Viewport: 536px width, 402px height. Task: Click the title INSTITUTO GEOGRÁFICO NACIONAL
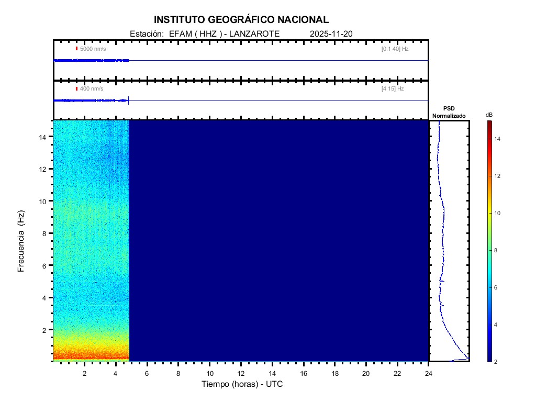tap(241, 20)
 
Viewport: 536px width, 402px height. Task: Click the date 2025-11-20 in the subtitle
tap(331, 33)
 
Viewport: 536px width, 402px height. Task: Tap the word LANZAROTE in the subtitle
tap(255, 33)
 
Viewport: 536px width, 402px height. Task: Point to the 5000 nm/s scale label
tap(93, 49)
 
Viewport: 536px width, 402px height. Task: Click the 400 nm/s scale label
tap(91, 89)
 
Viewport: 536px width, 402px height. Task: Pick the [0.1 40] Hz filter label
tap(395, 49)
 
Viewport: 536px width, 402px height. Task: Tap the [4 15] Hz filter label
tap(393, 89)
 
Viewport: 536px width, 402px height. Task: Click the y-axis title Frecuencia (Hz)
tap(21, 241)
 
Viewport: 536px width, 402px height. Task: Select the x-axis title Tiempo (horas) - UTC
tap(242, 384)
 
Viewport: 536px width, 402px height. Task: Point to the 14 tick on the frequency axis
tap(44, 137)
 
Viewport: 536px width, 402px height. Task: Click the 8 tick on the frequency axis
tap(46, 233)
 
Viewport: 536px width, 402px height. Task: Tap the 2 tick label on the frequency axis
tap(46, 330)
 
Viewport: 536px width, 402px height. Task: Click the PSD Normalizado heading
tap(449, 112)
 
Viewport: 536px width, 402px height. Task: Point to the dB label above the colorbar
tap(489, 115)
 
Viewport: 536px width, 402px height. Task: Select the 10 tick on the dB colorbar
tap(498, 213)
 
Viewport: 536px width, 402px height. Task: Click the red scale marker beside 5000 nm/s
tap(76, 49)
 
